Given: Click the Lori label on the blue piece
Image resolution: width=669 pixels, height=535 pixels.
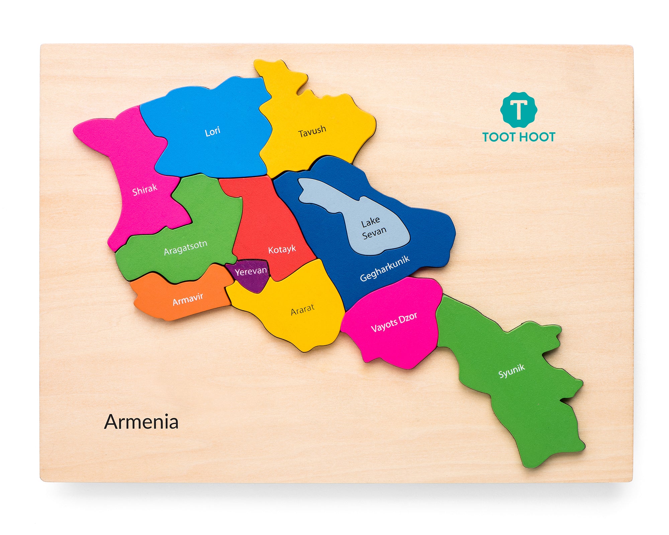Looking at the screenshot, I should point(212,131).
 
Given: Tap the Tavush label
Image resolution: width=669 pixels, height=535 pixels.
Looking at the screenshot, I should point(312,131).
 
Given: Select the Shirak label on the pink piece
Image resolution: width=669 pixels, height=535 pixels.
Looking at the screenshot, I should point(145,190).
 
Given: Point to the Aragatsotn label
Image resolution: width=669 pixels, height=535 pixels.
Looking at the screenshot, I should point(186,247).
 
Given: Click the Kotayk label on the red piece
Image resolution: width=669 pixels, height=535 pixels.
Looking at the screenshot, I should point(282,249).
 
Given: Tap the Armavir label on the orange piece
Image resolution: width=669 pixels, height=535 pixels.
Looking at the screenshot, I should point(188,299).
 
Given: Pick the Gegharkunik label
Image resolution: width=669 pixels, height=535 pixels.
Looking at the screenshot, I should point(385,269).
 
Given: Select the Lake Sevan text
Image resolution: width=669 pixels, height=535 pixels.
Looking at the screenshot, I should point(373,227).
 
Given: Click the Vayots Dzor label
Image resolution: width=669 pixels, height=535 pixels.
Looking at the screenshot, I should point(394,322).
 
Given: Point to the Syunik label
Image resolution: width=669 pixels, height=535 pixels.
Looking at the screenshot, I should point(511,371).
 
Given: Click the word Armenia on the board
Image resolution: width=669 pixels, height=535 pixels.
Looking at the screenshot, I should point(141,422).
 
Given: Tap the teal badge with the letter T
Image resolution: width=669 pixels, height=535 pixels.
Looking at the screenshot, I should point(518,110).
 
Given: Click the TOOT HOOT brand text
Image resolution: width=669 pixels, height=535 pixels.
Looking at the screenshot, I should point(518,137).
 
